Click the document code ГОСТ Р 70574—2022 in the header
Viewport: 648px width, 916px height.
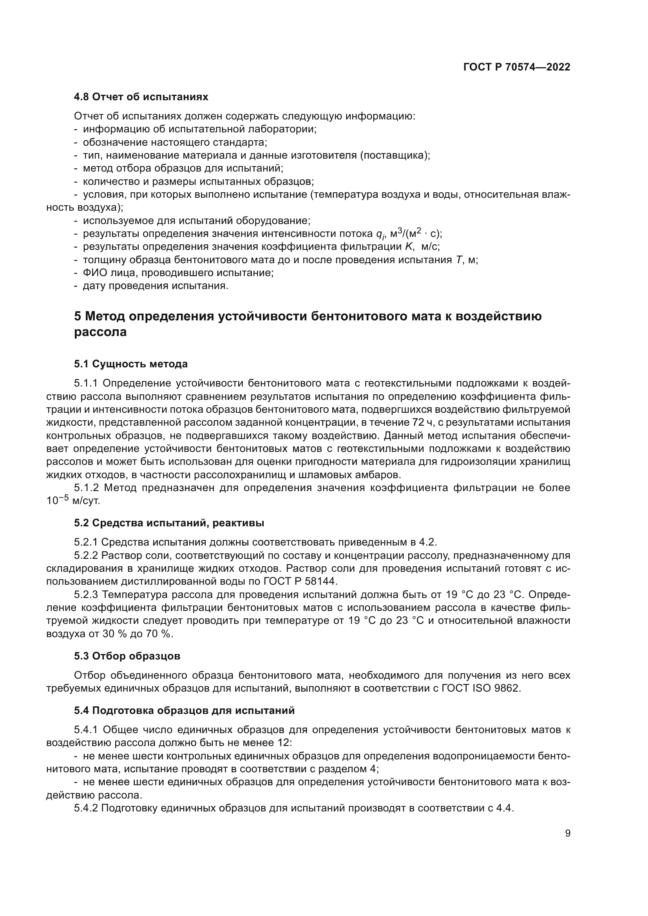[517, 67]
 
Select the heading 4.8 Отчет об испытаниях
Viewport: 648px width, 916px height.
[141, 97]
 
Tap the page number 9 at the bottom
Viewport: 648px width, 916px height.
[568, 834]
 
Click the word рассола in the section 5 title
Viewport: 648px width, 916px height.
[100, 332]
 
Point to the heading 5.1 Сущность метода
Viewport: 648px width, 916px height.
[130, 364]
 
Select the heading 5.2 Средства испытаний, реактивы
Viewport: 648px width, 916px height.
[169, 523]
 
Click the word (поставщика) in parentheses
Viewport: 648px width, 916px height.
[395, 155]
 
